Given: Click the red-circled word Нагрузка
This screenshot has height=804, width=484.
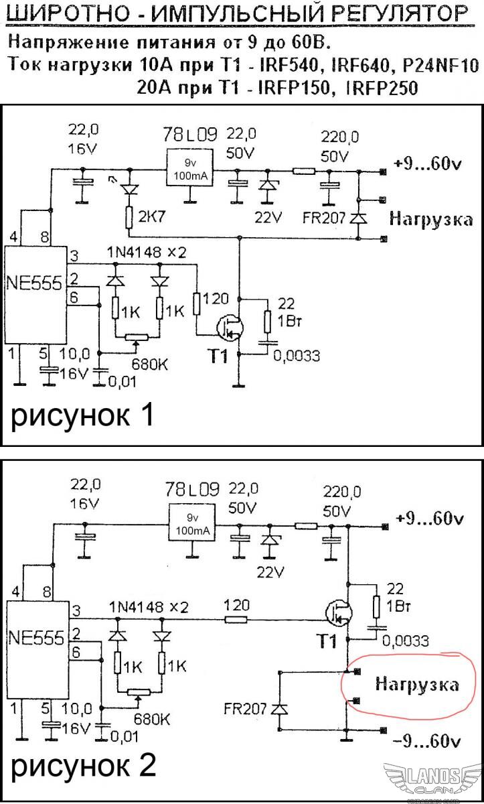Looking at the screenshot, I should pos(417,684).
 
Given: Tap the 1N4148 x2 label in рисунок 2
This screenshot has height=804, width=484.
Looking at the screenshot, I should pos(148,607).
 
